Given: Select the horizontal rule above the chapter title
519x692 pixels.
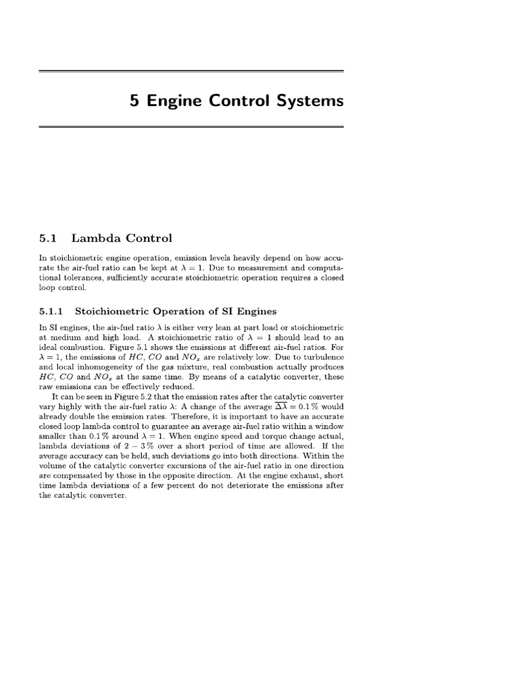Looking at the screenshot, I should [192, 71].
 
